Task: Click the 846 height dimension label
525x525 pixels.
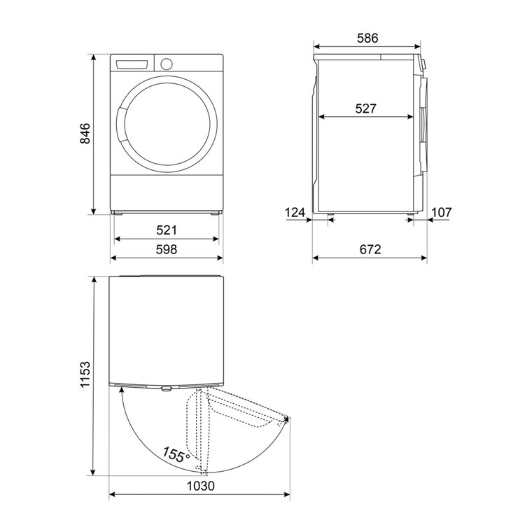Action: (x=85, y=133)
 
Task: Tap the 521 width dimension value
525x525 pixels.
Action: (x=167, y=230)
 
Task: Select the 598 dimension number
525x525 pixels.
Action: (x=167, y=249)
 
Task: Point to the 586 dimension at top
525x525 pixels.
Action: (x=367, y=38)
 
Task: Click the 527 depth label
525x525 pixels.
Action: (x=365, y=108)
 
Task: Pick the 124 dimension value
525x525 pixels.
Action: (x=295, y=212)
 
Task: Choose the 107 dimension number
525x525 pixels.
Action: (x=441, y=212)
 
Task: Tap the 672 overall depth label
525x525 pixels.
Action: (x=370, y=249)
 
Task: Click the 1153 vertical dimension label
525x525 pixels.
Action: (x=85, y=374)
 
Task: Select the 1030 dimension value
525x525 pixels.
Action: (x=200, y=486)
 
